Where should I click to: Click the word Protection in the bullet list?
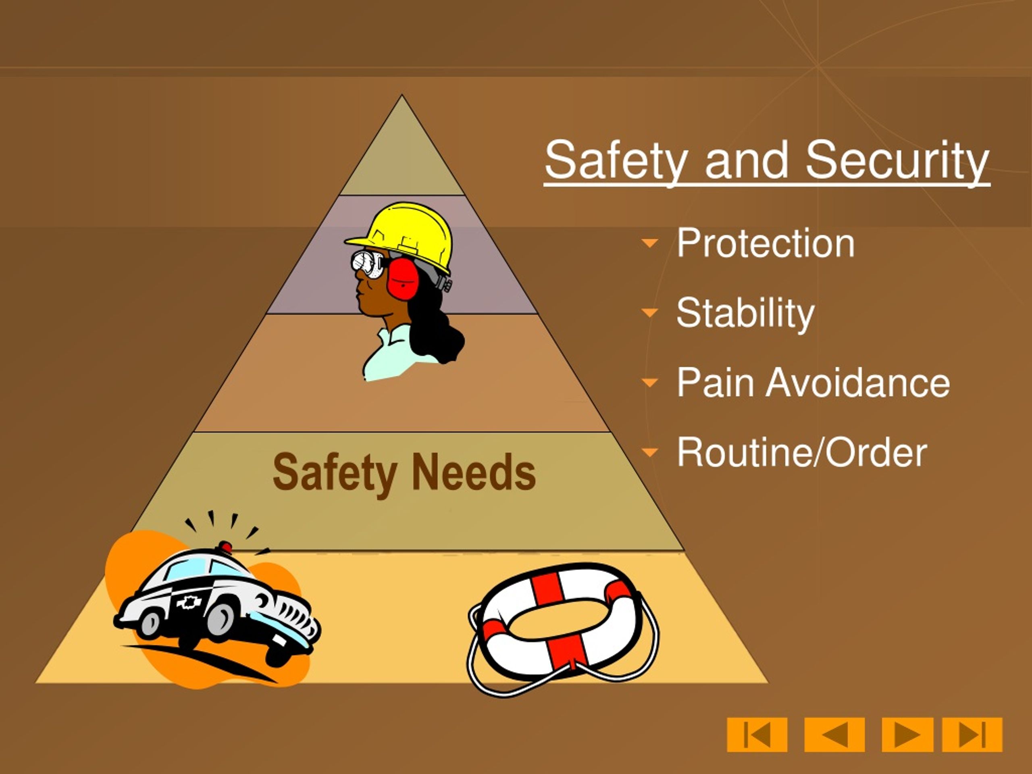[765, 243]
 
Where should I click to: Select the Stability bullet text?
[745, 312]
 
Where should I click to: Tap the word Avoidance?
[857, 383]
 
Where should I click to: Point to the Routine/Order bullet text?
[801, 452]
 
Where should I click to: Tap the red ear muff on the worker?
[402, 279]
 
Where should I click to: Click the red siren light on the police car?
[225, 547]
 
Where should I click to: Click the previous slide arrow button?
[834, 735]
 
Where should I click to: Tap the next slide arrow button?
[907, 735]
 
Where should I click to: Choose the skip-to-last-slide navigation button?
[972, 735]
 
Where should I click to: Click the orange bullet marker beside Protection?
[649, 243]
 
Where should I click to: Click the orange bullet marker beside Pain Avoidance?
[649, 383]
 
